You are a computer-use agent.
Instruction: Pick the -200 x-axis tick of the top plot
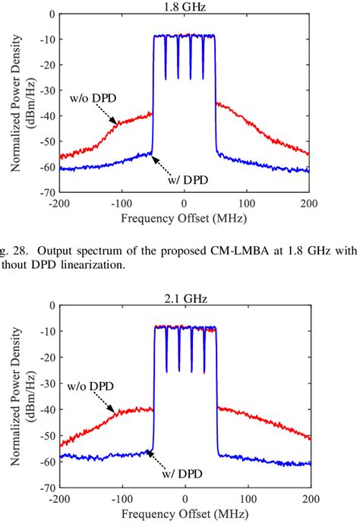58,204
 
